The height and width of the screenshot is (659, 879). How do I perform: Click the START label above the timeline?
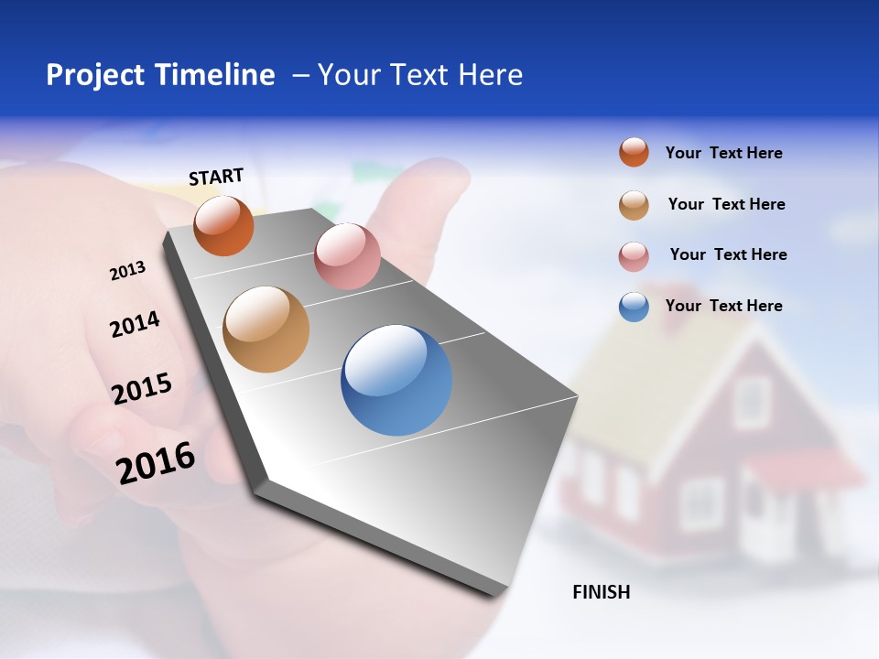point(216,177)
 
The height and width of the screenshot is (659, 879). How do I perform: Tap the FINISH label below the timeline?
point(601,592)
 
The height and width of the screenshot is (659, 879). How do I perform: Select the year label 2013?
point(127,271)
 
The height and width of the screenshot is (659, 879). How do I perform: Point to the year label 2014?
point(135,324)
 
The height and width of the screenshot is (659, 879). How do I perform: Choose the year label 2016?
point(156,462)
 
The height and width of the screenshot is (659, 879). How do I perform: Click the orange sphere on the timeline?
point(223,225)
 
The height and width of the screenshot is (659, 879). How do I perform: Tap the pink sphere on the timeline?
point(347,256)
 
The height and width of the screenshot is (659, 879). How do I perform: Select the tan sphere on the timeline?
point(266,329)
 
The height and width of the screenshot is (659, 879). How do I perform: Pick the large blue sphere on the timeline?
point(396,380)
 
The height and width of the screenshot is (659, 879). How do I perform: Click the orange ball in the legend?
point(634,152)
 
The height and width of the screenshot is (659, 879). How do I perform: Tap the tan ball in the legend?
point(634,205)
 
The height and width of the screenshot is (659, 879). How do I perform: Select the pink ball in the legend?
point(634,256)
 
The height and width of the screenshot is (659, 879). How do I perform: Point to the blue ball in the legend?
point(634,307)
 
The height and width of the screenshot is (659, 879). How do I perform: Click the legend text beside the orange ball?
point(723,153)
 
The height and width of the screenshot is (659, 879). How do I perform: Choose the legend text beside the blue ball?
point(723,306)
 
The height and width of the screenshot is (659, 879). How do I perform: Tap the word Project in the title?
point(93,75)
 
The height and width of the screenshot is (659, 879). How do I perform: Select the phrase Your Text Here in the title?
point(420,75)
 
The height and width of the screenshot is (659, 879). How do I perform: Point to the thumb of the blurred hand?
point(417,197)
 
